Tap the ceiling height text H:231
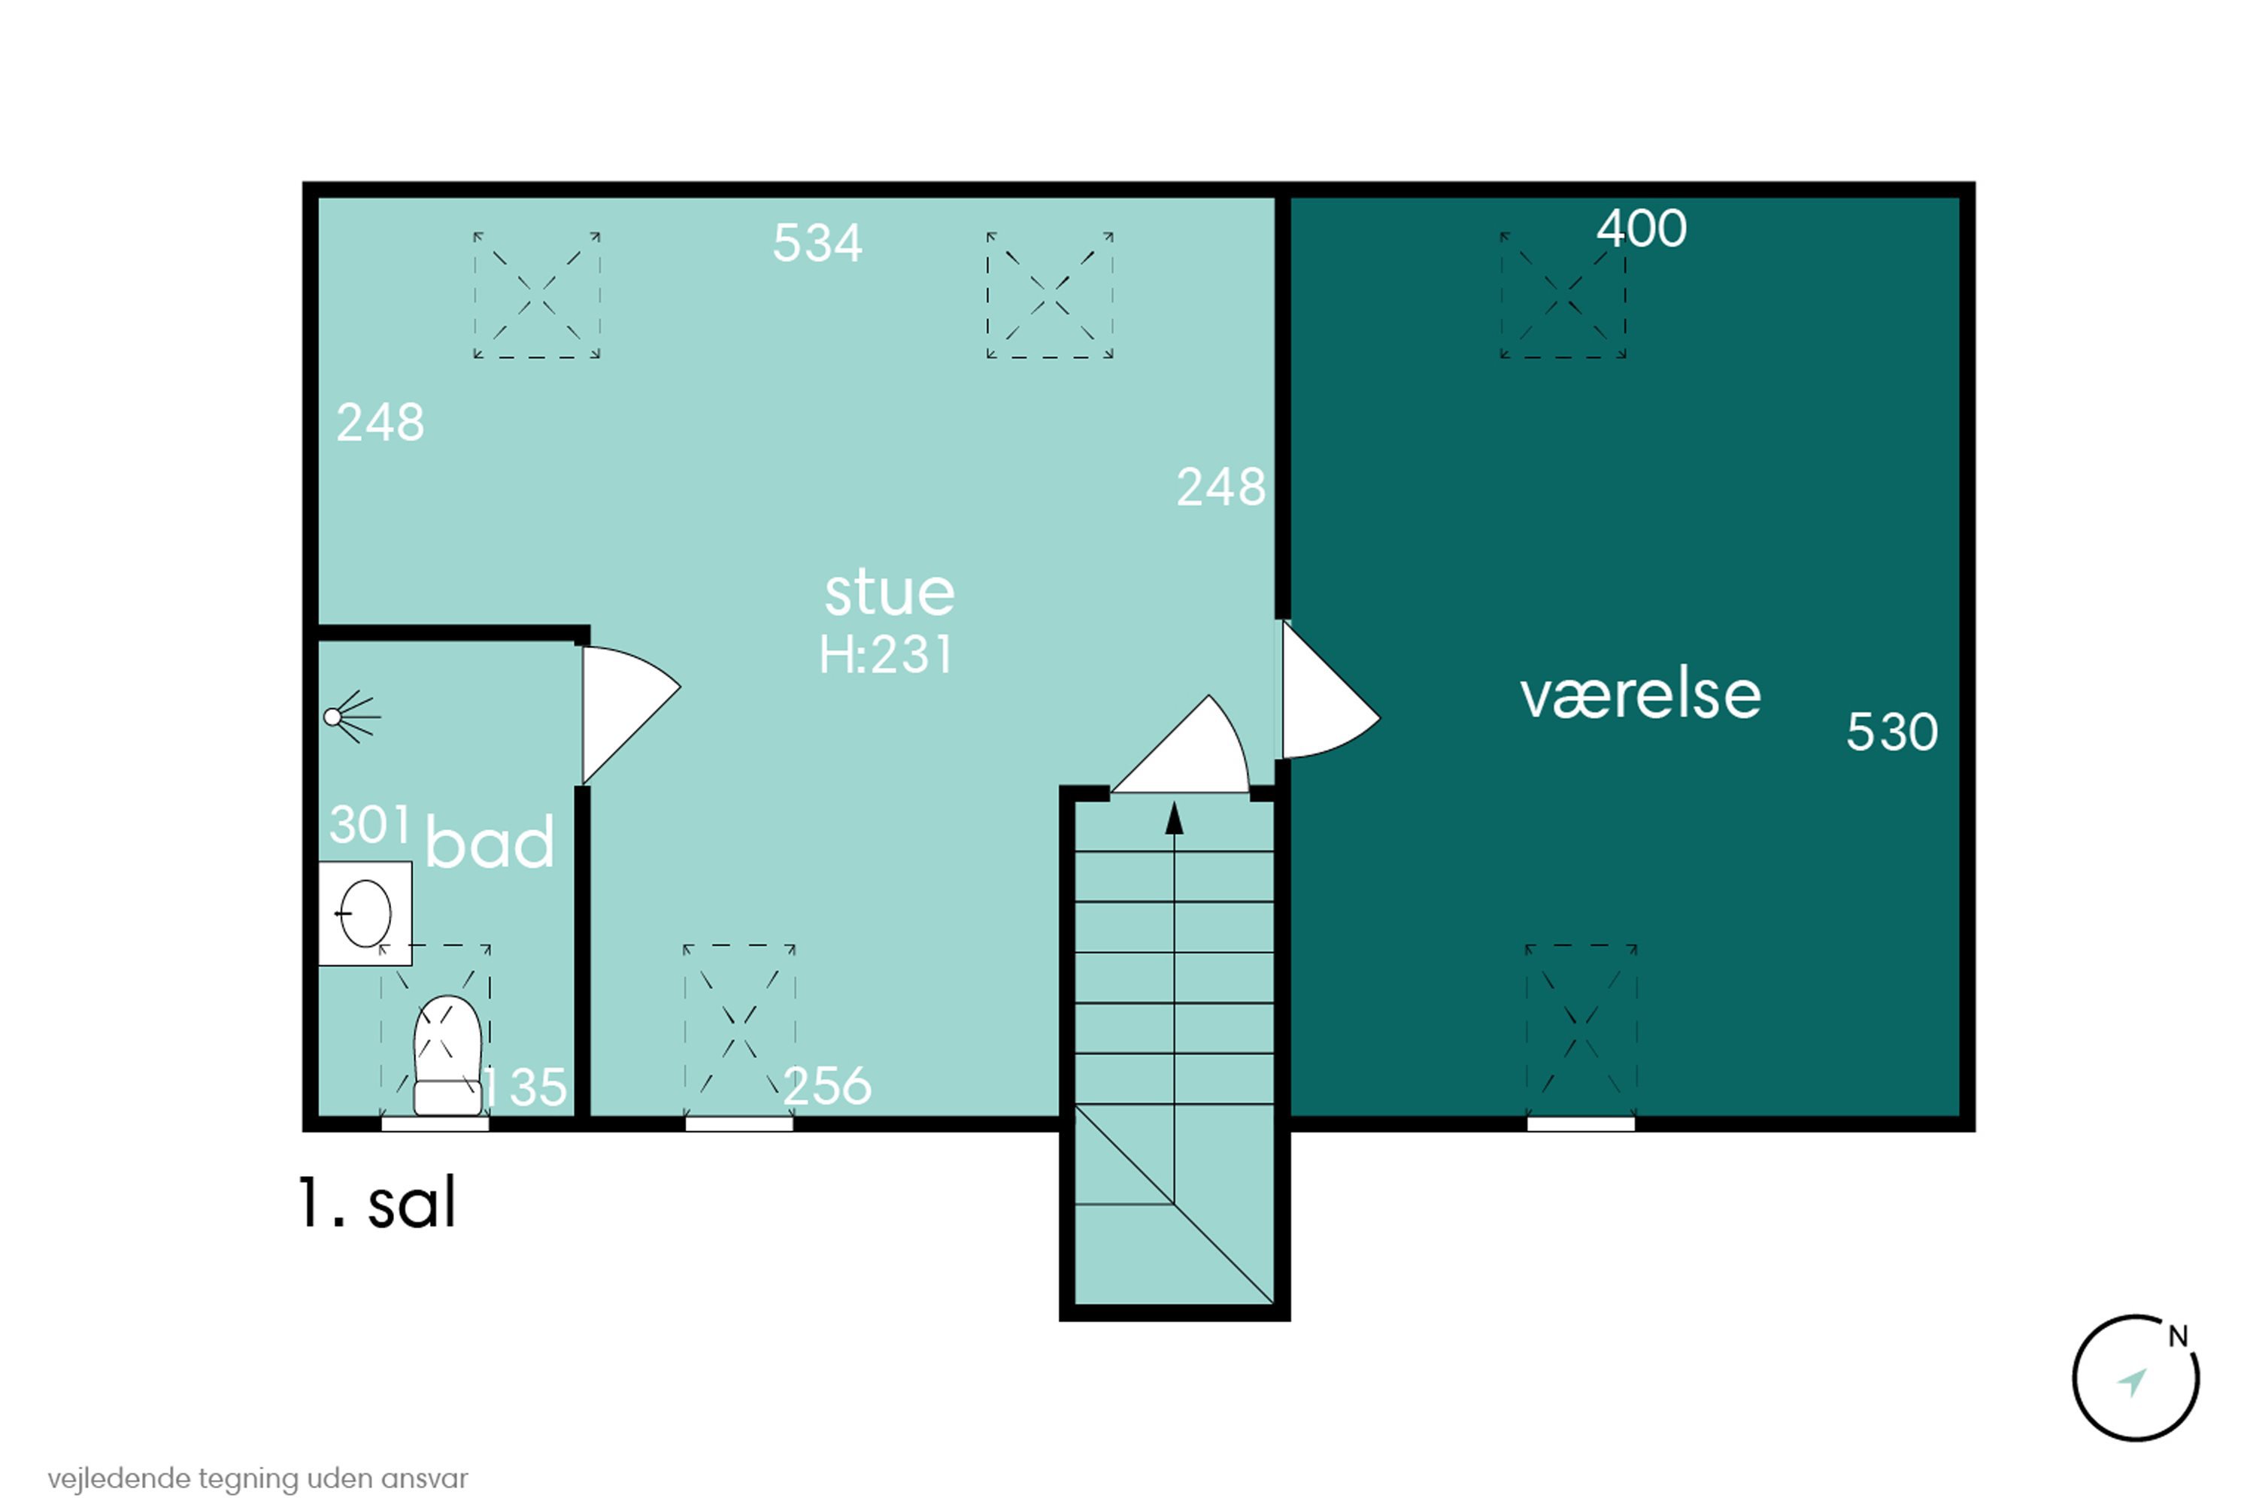[x=885, y=655]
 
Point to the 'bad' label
[x=490, y=842]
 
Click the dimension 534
[x=817, y=243]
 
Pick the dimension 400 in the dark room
[x=1641, y=229]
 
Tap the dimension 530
[x=1891, y=732]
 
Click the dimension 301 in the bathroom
[x=369, y=824]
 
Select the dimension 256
[x=826, y=1087]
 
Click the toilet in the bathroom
[x=447, y=1055]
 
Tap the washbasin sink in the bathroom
[x=365, y=913]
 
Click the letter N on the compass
[x=2179, y=1336]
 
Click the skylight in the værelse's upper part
[x=1563, y=296]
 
